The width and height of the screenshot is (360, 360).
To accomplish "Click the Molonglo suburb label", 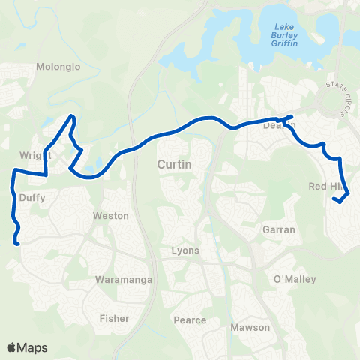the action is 52,66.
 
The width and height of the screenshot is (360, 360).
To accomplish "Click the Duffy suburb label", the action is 33,199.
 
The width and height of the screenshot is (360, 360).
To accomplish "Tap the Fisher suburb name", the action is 115,318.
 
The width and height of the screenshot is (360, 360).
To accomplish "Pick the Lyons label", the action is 185,250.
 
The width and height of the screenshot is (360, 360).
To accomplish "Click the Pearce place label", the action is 190,320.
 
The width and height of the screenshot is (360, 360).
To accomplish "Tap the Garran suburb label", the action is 279,230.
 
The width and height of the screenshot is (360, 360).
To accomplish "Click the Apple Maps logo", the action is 27,347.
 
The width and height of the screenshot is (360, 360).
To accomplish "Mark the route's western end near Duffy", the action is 16,241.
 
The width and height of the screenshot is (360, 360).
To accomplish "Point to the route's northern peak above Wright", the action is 72,116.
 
